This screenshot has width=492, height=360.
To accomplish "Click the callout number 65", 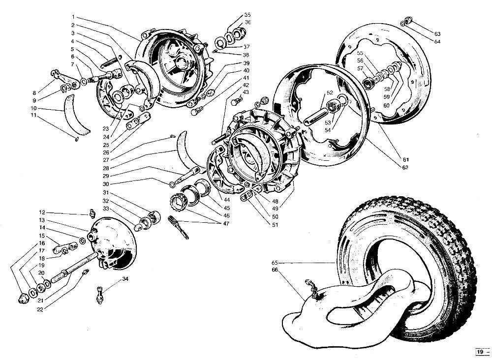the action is point(275,263).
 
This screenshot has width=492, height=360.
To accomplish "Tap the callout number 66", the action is point(275,270).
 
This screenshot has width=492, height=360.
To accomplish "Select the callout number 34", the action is point(125,279).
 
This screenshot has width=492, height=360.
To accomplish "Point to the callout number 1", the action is point(73,17).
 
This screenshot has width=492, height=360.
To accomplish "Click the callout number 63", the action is point(437,34).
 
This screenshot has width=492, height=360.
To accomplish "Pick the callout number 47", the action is point(226,224).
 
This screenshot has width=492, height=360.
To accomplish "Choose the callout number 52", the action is point(330,93).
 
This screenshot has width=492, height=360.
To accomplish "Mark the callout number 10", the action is point(33,108).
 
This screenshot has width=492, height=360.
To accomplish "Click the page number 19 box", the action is point(480,352).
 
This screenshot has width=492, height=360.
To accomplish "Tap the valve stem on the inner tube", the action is point(310,287).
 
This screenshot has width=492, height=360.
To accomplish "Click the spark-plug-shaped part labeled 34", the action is point(100,295).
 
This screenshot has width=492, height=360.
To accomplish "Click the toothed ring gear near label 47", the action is point(178,201).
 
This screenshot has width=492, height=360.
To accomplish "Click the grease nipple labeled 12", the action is point(92,213).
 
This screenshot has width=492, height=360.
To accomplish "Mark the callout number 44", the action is point(226,200).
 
